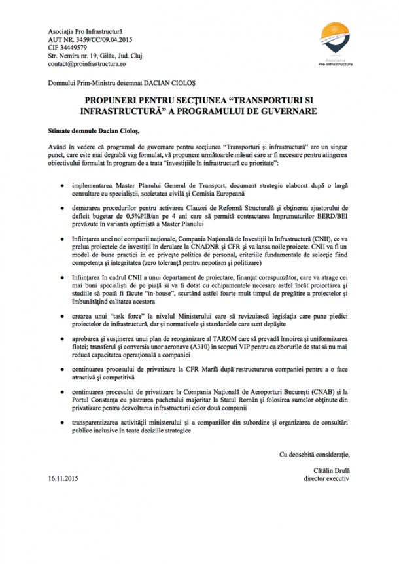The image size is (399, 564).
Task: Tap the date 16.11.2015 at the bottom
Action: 63,478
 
